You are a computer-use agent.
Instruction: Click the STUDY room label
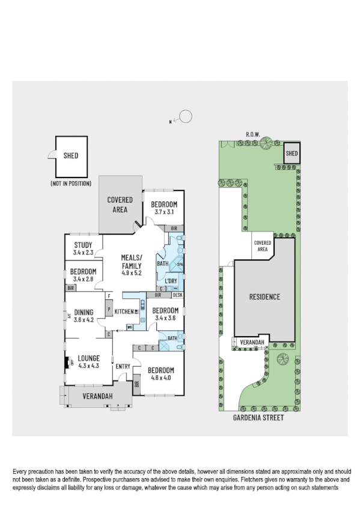point(82,244)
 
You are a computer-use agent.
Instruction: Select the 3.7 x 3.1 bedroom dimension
point(163,212)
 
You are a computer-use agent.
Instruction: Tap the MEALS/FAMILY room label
point(132,262)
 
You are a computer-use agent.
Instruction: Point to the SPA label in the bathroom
point(179,263)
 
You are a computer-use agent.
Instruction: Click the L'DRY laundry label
point(170,281)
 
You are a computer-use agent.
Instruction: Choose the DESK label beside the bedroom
point(177,295)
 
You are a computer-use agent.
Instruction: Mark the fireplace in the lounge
point(67,363)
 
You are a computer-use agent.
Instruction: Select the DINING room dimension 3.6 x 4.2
point(84,320)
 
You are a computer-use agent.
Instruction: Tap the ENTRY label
point(123,366)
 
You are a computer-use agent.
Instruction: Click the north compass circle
point(186,116)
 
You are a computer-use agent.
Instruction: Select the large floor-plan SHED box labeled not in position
point(71,155)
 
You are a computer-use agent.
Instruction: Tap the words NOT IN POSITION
point(71,183)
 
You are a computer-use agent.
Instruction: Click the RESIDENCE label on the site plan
point(264,296)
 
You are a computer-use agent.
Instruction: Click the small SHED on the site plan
point(291,153)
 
